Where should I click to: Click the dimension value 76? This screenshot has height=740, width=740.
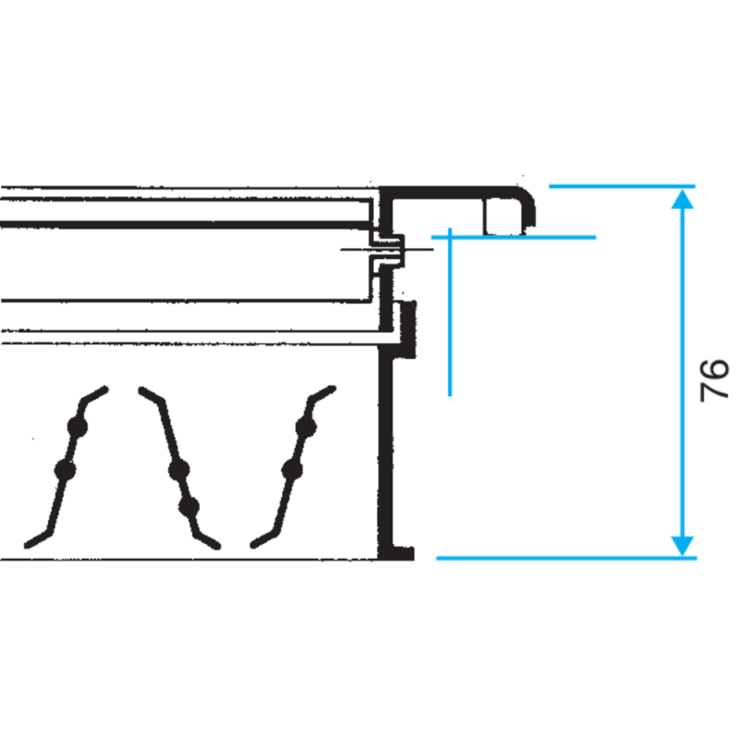(714, 380)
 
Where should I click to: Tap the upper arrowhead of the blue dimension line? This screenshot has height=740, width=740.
(683, 199)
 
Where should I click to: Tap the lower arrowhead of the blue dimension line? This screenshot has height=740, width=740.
(683, 546)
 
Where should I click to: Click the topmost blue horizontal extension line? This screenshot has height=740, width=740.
(622, 187)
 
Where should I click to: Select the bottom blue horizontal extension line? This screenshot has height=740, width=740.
(566, 559)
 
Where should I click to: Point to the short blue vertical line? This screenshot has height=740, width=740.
(450, 312)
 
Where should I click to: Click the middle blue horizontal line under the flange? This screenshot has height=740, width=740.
(513, 237)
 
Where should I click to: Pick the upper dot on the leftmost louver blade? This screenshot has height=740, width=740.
(78, 427)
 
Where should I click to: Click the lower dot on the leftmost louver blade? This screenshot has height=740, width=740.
(65, 470)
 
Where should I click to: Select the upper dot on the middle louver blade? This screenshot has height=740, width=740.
(179, 470)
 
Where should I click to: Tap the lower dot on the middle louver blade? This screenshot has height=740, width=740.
(189, 507)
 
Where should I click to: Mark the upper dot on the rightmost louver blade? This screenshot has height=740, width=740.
(306, 427)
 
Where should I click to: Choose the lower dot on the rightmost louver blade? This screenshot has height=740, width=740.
(291, 470)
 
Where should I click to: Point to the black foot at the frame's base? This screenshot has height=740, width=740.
(397, 553)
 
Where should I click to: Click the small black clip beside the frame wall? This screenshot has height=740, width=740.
(408, 329)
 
